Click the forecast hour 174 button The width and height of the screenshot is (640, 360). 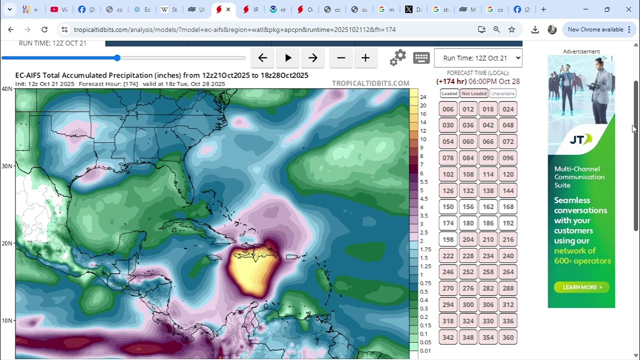[x=448, y=223]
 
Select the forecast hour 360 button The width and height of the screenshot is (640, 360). [x=508, y=337]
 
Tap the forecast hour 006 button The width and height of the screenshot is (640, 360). [x=448, y=109]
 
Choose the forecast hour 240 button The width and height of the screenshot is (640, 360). [x=508, y=255]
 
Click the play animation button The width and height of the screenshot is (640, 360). [x=288, y=58]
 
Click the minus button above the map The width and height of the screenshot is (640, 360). [x=341, y=58]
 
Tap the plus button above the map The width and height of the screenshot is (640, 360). [x=365, y=58]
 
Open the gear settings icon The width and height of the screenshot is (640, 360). [x=398, y=58]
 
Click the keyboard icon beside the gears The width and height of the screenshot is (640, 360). [x=421, y=58]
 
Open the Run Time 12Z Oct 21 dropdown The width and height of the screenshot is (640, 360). [x=478, y=58]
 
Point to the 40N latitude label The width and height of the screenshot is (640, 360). [x=7, y=89]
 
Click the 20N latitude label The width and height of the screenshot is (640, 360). [x=7, y=243]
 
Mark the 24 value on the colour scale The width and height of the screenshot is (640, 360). [x=423, y=97]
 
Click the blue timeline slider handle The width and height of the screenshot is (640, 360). [x=117, y=58]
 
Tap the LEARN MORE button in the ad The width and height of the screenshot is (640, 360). [x=581, y=287]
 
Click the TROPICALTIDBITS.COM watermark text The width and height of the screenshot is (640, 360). [x=370, y=83]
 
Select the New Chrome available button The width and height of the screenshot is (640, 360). [x=598, y=29]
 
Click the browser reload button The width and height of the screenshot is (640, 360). [x=44, y=29]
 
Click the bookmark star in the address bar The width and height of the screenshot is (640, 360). [x=511, y=29]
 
